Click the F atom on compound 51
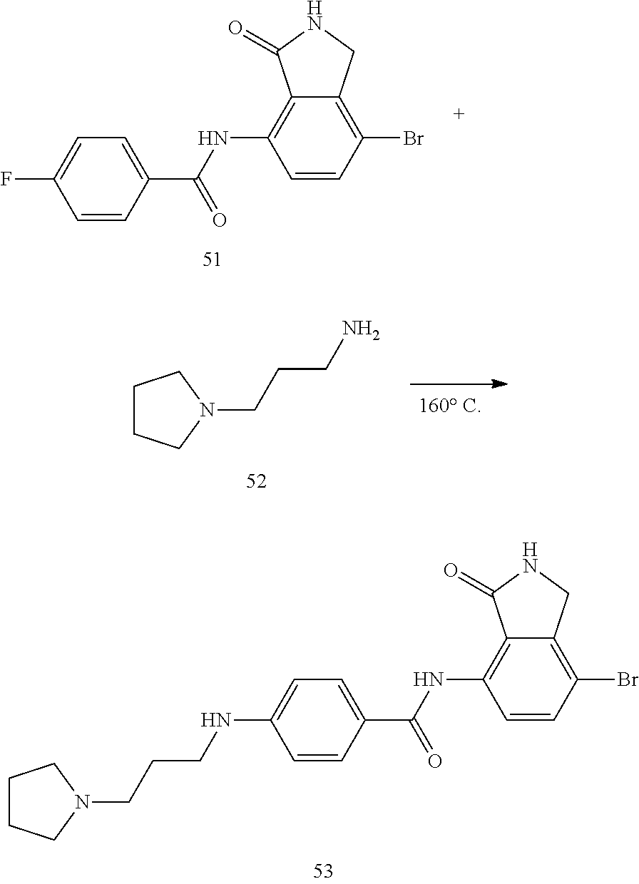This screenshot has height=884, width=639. (6, 179)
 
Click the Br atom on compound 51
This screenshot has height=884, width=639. (414, 139)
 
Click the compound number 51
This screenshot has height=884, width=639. (212, 259)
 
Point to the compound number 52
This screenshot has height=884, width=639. (256, 482)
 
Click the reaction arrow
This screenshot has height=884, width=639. (458, 384)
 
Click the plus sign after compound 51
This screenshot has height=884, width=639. (459, 114)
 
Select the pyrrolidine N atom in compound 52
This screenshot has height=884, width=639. (207, 410)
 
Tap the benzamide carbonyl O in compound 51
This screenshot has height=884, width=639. (220, 220)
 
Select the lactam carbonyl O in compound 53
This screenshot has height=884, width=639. (449, 570)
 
